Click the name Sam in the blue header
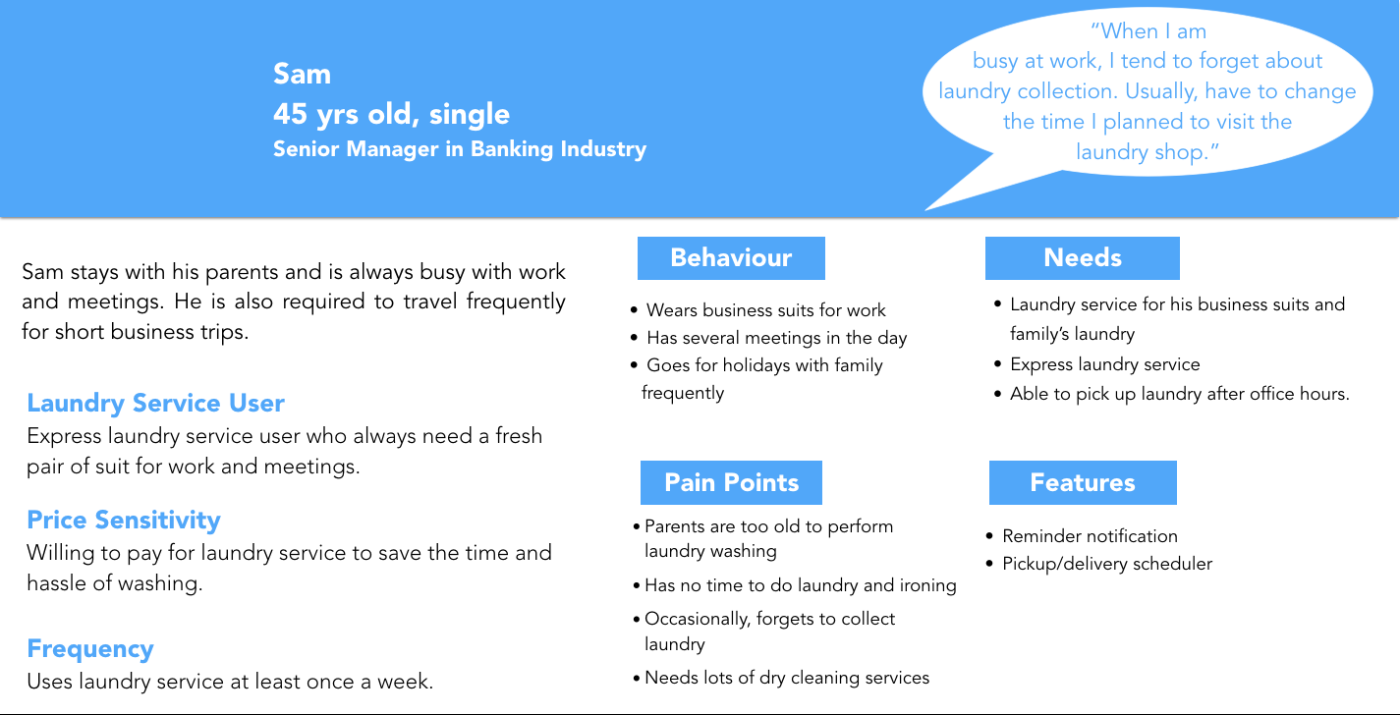[x=302, y=74]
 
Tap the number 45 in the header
[x=290, y=114]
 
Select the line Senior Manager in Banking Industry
[x=460, y=149]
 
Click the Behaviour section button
[x=731, y=258]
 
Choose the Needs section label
[x=1082, y=258]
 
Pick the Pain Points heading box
[x=731, y=482]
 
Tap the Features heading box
[x=1083, y=482]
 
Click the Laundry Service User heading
[x=155, y=403]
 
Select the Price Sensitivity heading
[x=124, y=520]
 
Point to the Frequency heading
[x=90, y=649]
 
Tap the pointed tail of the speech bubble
[x=926, y=209]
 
